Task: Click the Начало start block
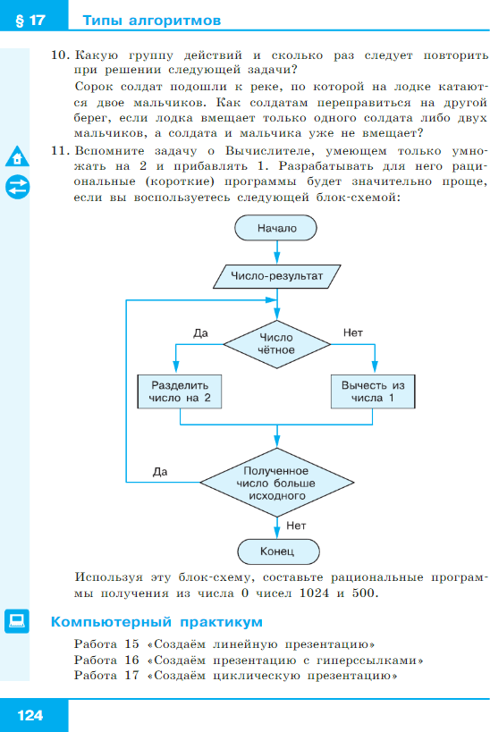[x=275, y=228]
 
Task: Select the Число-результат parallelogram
[x=277, y=276]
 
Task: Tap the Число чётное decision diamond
[x=277, y=344]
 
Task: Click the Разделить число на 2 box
[x=180, y=391]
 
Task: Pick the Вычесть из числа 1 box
[x=373, y=391]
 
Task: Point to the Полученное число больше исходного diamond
[x=277, y=483]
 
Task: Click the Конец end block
[x=278, y=551]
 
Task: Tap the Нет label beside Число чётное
[x=353, y=332]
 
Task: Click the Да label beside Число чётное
[x=201, y=333]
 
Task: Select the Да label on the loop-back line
[x=160, y=472]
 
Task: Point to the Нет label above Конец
[x=296, y=526]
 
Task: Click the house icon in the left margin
[x=17, y=156]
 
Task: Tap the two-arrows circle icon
[x=17, y=187]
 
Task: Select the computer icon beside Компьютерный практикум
[x=17, y=621]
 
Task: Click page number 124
[x=30, y=715]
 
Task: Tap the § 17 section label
[x=30, y=21]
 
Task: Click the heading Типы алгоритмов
[x=152, y=21]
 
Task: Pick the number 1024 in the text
[x=315, y=593]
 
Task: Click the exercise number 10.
[x=60, y=55]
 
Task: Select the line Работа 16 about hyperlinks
[x=249, y=660]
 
